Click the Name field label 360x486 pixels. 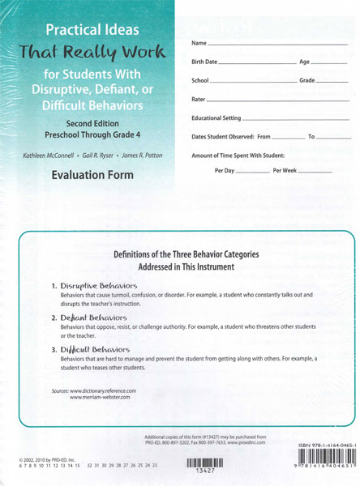pyautogui.click(x=199, y=42)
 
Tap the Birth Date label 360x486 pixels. pyautogui.click(x=204, y=62)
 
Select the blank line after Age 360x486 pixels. pyautogui.click(x=329, y=63)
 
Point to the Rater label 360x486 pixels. pyautogui.click(x=199, y=100)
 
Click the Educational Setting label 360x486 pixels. pyautogui.click(x=218, y=118)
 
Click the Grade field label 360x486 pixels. pyautogui.click(x=307, y=81)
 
